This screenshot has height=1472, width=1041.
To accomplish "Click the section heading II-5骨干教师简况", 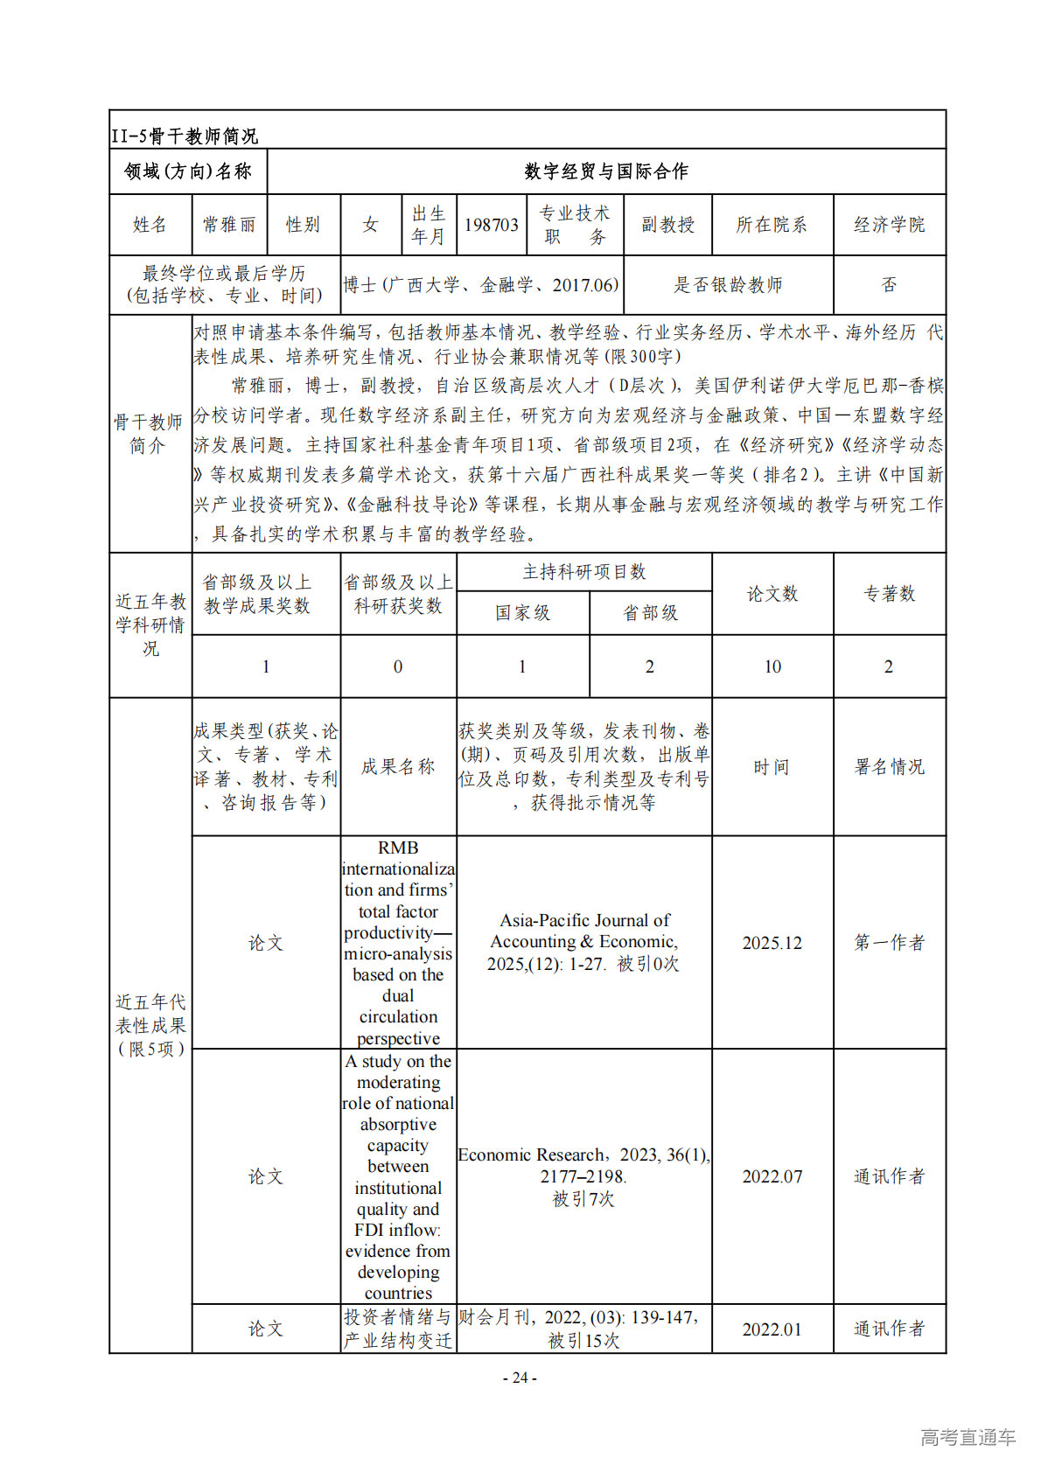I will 185,136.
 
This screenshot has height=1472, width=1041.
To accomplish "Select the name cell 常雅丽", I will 229,225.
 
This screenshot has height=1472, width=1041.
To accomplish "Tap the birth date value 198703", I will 491,225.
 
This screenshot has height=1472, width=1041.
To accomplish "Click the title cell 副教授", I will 667,225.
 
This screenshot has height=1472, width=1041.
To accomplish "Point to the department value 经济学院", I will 889,225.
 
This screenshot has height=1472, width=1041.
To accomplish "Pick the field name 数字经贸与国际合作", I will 605,171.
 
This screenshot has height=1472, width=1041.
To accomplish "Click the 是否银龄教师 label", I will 728,284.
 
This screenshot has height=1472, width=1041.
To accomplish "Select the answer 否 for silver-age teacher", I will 889,284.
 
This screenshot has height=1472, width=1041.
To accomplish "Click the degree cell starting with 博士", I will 481,284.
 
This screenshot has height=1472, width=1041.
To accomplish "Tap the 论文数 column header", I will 772,594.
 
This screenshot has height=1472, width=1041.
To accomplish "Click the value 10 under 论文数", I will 772,666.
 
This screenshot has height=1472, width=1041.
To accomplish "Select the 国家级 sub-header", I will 522,613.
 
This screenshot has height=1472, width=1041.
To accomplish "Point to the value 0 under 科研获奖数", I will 398,666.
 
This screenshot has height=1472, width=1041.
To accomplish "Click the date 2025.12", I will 772,943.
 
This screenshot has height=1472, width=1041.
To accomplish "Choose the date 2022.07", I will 772,1176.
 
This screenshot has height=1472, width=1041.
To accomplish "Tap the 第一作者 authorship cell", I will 889,943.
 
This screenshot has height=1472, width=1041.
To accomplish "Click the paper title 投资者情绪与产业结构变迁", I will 398,1329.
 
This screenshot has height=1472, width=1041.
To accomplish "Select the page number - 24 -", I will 520,1378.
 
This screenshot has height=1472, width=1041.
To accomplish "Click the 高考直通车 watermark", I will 968,1437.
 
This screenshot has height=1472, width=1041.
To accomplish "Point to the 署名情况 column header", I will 889,767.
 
